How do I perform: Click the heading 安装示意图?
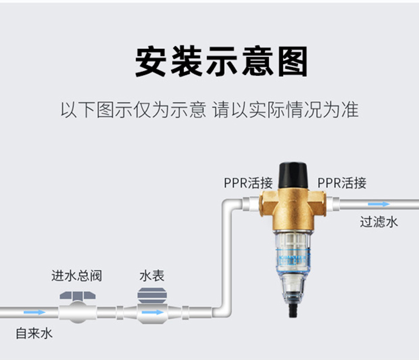tap(221, 62)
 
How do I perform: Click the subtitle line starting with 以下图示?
tap(209, 109)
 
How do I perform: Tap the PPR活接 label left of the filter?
tap(247, 183)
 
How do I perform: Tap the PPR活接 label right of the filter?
tap(342, 183)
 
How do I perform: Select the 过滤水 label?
tap(379, 221)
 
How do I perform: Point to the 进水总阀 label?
tap(77, 276)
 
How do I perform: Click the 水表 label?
tap(152, 276)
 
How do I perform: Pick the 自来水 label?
tap(34, 334)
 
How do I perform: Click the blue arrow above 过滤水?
tap(379, 205)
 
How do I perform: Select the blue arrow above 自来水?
tap(35, 312)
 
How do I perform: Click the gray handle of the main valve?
tap(77, 295)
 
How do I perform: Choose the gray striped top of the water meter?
tap(152, 295)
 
